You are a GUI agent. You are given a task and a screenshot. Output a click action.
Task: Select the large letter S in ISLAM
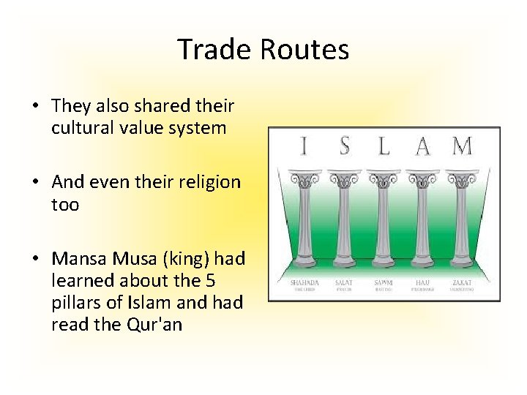(x=344, y=146)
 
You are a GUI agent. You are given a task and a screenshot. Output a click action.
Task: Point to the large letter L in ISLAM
(x=383, y=146)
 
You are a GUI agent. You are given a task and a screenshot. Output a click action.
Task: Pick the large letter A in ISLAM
(x=422, y=147)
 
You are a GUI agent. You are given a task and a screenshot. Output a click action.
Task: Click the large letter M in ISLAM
(x=462, y=146)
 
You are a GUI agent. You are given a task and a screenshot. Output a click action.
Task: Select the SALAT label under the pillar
(x=343, y=282)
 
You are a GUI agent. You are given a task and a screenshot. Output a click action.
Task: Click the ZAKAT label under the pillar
(x=463, y=282)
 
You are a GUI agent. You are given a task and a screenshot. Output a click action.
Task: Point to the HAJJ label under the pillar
(x=422, y=282)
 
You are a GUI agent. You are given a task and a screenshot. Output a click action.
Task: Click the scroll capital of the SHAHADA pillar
(x=303, y=178)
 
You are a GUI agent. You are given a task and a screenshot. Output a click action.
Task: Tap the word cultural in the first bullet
(x=81, y=128)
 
